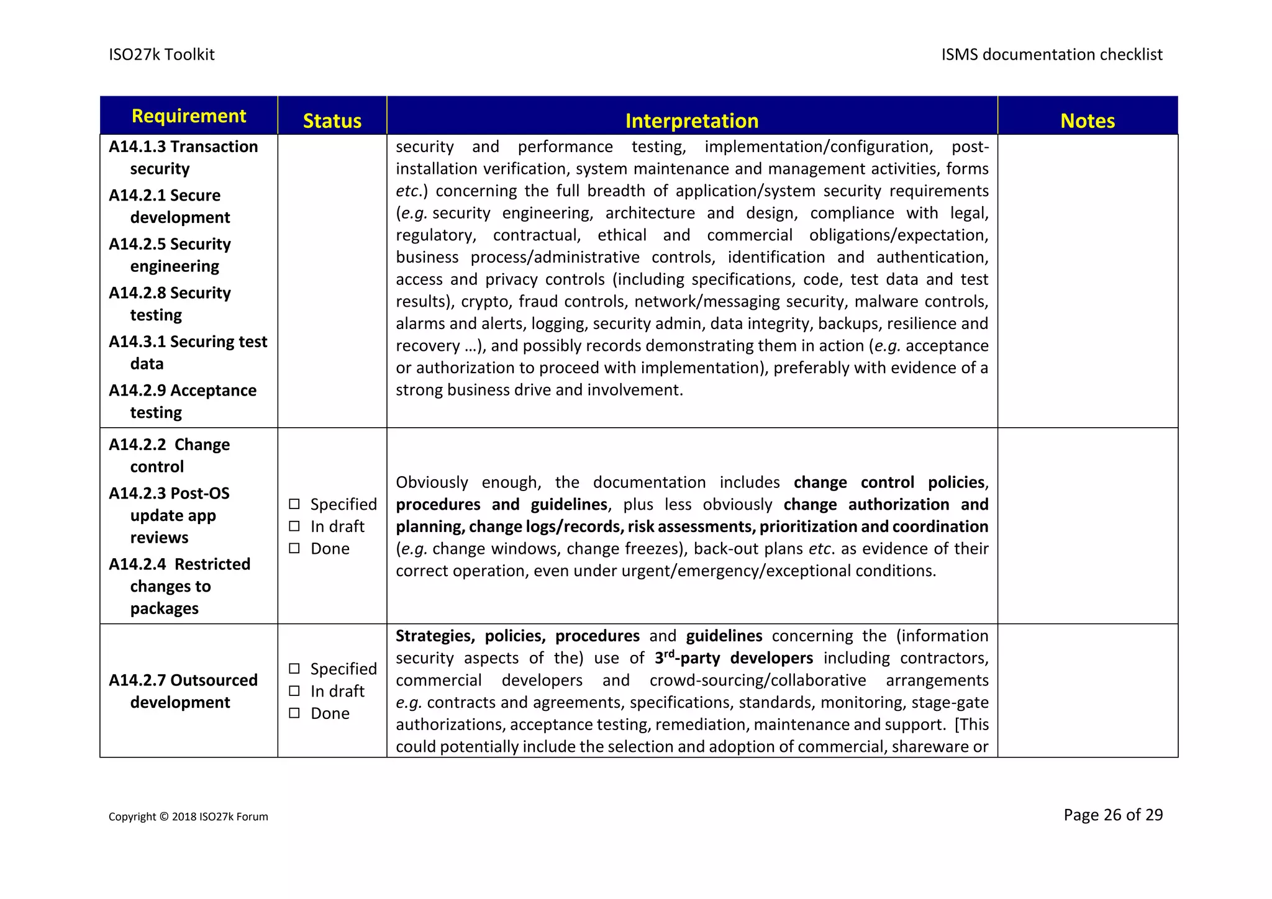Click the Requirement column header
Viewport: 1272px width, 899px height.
click(x=189, y=116)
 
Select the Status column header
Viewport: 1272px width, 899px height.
click(x=332, y=120)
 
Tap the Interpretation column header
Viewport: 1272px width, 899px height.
click(x=691, y=120)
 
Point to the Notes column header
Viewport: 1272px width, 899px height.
click(x=1087, y=120)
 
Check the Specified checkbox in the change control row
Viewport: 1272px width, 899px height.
click(x=294, y=504)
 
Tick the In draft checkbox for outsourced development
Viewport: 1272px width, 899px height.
click(x=294, y=691)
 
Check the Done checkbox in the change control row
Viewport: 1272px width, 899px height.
click(x=294, y=548)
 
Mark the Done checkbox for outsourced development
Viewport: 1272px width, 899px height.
click(x=294, y=713)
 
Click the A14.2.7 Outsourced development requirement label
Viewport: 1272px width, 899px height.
click(x=183, y=691)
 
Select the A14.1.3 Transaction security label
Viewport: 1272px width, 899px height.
click(x=183, y=157)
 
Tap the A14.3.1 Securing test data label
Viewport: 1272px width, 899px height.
click(x=188, y=352)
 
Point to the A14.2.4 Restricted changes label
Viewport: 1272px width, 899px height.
click(x=179, y=585)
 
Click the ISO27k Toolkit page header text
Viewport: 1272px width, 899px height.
click(x=161, y=55)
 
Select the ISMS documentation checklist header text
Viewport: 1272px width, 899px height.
click(x=1052, y=55)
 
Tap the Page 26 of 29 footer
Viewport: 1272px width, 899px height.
click(x=1112, y=815)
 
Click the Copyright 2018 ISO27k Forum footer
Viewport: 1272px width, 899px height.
click(x=188, y=816)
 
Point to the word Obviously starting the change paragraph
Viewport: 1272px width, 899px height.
click(x=432, y=482)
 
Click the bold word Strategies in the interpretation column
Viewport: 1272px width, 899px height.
click(x=435, y=636)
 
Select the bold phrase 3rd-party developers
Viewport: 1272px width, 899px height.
click(x=734, y=658)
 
